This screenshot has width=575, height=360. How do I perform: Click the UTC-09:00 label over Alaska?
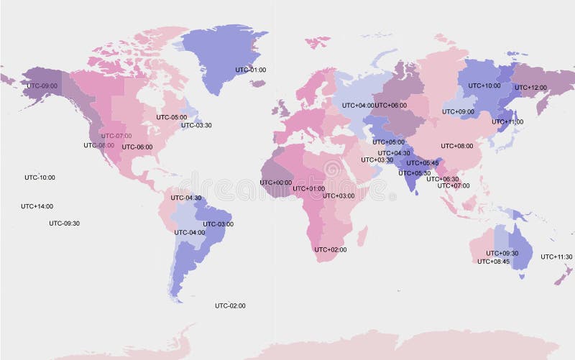click(x=42, y=86)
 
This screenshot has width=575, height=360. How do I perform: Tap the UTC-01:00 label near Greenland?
click(x=251, y=70)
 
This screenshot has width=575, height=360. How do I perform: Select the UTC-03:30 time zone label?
click(x=196, y=125)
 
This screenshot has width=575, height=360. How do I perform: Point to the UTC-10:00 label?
click(x=40, y=177)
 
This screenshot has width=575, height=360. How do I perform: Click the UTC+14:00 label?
click(x=37, y=206)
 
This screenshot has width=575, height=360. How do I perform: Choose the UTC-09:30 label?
click(x=64, y=223)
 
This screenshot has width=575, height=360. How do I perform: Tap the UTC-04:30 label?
click(x=185, y=198)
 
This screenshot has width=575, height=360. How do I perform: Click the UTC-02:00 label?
click(x=230, y=306)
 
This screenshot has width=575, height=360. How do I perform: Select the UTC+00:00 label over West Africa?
click(x=276, y=183)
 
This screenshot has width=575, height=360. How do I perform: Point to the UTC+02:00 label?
click(x=331, y=249)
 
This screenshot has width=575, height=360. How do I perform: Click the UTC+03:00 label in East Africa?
click(x=339, y=195)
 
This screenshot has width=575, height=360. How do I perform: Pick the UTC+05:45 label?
click(x=422, y=163)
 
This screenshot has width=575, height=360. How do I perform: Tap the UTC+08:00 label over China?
click(x=457, y=146)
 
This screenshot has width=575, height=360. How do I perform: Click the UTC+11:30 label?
click(x=556, y=257)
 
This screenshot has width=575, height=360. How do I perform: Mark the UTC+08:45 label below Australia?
click(x=494, y=261)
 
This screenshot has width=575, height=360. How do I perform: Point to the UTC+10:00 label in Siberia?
click(x=484, y=86)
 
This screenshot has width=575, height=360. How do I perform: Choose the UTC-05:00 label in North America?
click(x=172, y=117)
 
